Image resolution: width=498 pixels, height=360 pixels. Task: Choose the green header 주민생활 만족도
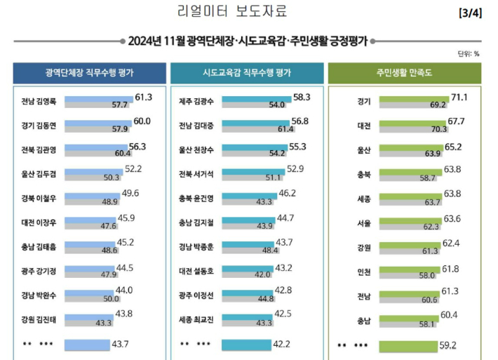pyautogui.click(x=404, y=72)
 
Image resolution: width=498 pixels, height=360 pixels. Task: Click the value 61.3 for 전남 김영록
pyautogui.click(x=144, y=97)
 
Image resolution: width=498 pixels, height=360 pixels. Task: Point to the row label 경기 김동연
pyautogui.click(x=41, y=126)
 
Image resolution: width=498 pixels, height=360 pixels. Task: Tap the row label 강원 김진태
pyautogui.click(x=41, y=320)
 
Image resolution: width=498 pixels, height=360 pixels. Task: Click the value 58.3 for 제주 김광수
pyautogui.click(x=302, y=97)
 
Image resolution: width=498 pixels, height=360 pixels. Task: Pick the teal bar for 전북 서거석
pyautogui.click(x=253, y=172)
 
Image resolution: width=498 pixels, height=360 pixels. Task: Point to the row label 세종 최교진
pyautogui.click(x=198, y=320)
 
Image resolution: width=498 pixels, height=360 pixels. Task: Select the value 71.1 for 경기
pyautogui.click(x=459, y=97)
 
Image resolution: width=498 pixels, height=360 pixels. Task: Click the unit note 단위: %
pyautogui.click(x=468, y=53)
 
